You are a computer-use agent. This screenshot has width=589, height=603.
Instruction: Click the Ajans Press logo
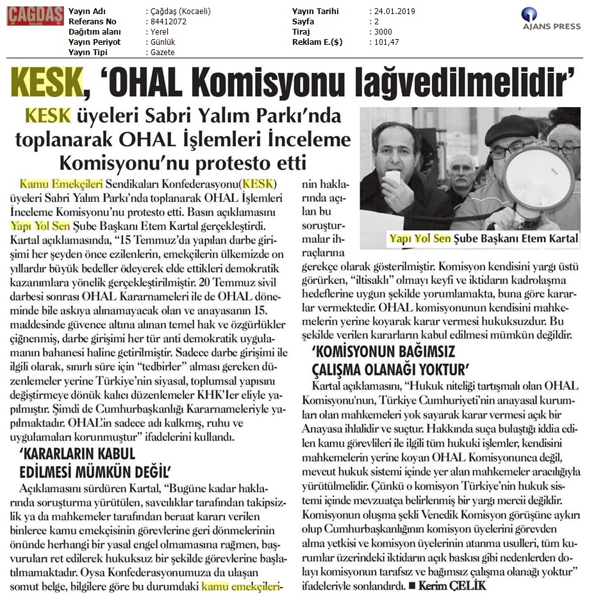(551, 22)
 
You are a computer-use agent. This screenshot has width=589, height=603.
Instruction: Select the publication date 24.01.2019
(392, 12)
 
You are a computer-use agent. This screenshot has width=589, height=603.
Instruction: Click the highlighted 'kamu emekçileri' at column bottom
(242, 585)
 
